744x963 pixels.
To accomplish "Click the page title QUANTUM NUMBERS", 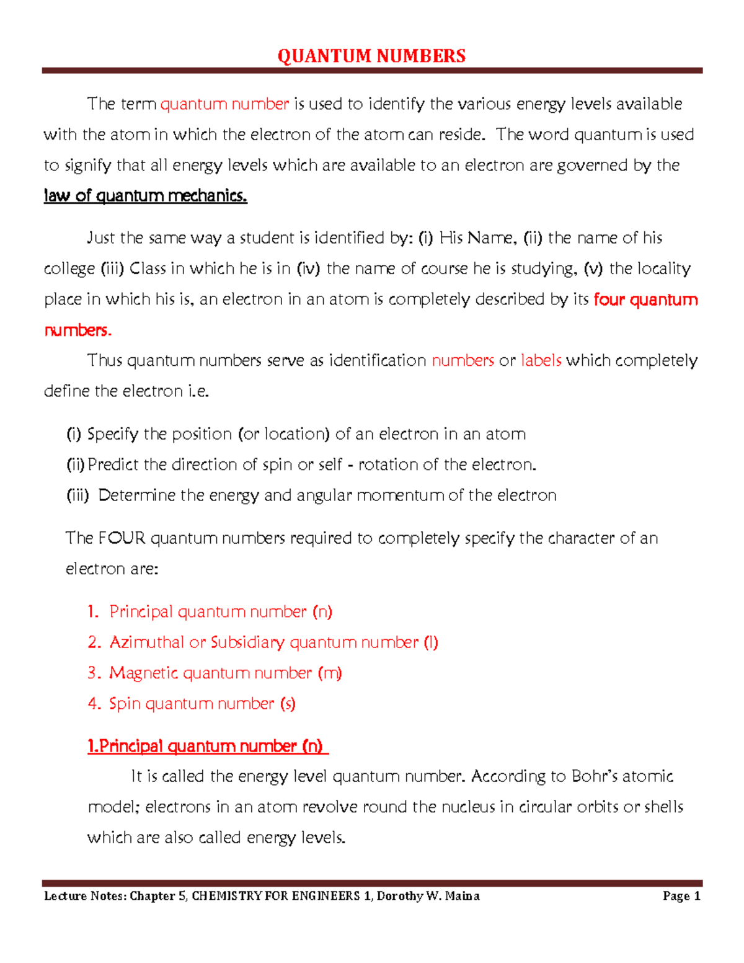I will click(371, 56).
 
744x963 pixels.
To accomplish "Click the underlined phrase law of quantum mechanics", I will click(145, 196).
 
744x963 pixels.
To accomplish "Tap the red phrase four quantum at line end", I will click(645, 300).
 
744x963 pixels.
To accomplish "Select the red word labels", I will click(541, 360).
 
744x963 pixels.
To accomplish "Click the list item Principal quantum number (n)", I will click(220, 611).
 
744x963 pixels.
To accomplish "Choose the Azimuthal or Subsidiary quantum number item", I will click(273, 642).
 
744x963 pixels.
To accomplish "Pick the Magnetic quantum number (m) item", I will click(225, 673).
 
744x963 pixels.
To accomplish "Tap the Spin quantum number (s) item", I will click(202, 703).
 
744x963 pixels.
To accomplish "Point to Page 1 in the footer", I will click(681, 895).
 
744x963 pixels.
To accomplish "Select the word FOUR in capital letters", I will click(122, 538).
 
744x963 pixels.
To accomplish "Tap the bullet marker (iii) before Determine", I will click(77, 495).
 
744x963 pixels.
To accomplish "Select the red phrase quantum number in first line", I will click(224, 104).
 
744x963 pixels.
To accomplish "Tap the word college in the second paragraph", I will click(69, 268).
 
